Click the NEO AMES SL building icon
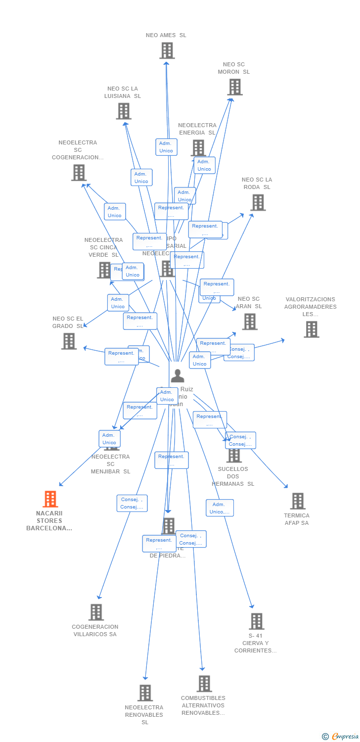[167, 50]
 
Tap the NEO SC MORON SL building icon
[234, 87]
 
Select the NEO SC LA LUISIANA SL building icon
[124, 111]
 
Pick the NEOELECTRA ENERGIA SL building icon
[198, 147]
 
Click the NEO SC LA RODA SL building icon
[258, 202]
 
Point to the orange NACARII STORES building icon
[50, 499]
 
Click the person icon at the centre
[177, 376]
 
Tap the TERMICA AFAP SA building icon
[297, 501]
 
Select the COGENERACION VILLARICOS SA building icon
[96, 612]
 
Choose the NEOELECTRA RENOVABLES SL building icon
[145, 693]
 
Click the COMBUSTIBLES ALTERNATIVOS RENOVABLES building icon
[204, 684]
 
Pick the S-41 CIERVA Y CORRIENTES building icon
[256, 621]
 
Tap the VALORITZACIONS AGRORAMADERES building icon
[312, 329]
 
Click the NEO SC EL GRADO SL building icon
[69, 341]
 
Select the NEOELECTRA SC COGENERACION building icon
[79, 173]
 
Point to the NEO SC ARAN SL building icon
[250, 322]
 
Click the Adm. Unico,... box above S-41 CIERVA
[220, 508]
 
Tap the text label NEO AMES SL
[166, 35]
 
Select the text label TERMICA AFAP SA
[297, 519]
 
